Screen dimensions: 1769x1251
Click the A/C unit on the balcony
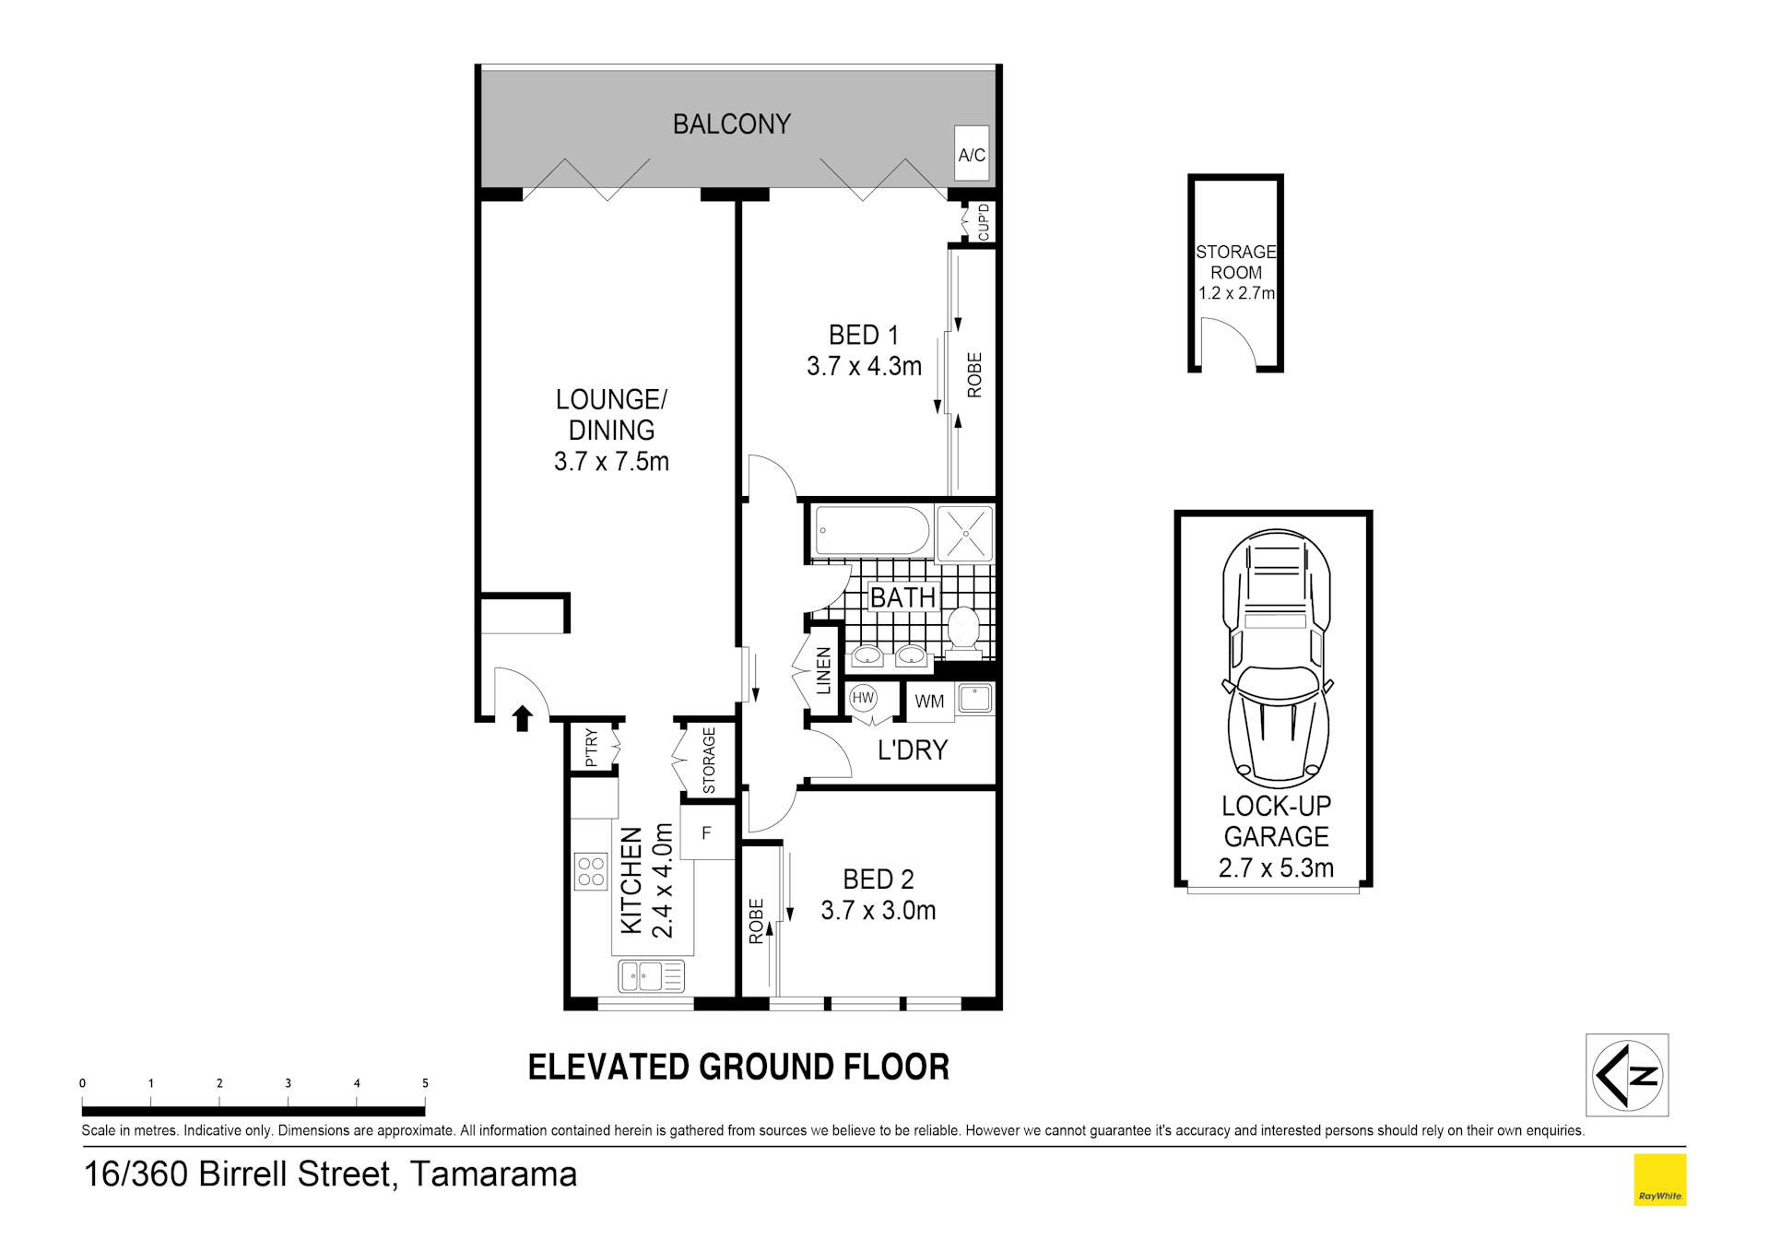point(972,154)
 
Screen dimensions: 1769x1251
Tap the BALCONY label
point(732,124)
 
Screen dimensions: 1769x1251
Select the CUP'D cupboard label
point(984,222)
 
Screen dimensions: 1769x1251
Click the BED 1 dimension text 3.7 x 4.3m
point(864,367)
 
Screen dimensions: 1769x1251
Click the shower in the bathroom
point(965,533)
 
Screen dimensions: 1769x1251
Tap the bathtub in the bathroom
point(872,531)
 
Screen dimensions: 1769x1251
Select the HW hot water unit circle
point(863,698)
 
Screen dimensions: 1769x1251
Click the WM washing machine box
point(929,701)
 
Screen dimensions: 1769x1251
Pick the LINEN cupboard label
point(824,670)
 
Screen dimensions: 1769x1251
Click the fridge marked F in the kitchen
point(707,832)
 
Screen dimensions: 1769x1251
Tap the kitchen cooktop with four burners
point(591,871)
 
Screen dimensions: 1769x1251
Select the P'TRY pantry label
point(592,748)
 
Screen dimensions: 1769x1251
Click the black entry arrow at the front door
point(523,718)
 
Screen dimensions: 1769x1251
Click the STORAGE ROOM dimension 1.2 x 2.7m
point(1236,293)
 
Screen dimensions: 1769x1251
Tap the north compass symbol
point(1627,1075)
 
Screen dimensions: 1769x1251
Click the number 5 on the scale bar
point(425,1083)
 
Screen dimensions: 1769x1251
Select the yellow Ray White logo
point(1660,1180)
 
